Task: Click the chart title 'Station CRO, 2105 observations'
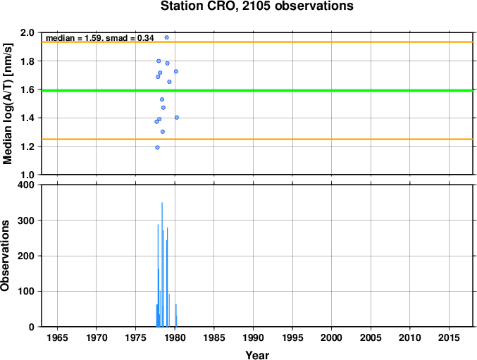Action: point(257,6)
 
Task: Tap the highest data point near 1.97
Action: point(167,37)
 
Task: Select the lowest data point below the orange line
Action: point(157,147)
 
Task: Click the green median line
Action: point(257,91)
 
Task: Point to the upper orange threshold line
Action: point(257,42)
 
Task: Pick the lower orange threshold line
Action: point(257,139)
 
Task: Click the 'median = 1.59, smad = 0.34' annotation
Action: point(100,38)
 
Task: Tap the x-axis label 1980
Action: point(175,337)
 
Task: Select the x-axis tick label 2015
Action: point(449,337)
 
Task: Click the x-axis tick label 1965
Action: point(58,337)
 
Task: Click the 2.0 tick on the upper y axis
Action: point(28,32)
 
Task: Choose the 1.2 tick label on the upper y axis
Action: point(28,147)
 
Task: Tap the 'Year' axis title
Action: point(257,355)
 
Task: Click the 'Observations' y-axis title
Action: point(5,256)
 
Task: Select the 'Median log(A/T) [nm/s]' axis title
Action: point(8,104)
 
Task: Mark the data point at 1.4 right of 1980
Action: point(177,118)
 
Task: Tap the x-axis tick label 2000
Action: point(332,337)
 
